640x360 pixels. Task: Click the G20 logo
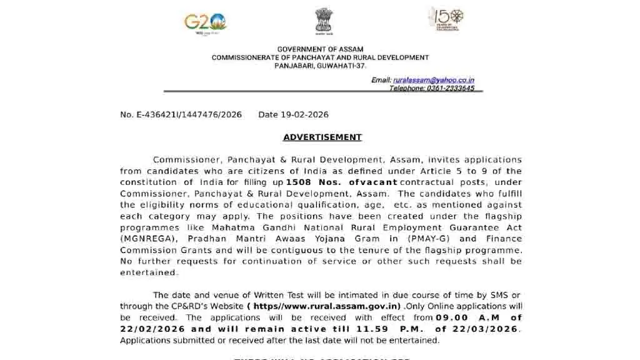(205, 23)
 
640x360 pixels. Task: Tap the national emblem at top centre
(324, 21)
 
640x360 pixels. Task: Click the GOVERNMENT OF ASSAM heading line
(320, 49)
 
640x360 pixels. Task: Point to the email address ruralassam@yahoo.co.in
(433, 80)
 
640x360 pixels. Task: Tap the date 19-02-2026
(305, 115)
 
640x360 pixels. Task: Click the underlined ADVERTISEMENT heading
(322, 137)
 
